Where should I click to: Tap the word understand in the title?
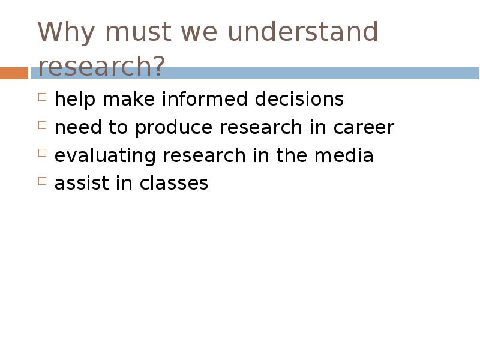click(x=303, y=32)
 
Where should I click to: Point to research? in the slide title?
click(x=101, y=67)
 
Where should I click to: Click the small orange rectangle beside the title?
click(x=14, y=73)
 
